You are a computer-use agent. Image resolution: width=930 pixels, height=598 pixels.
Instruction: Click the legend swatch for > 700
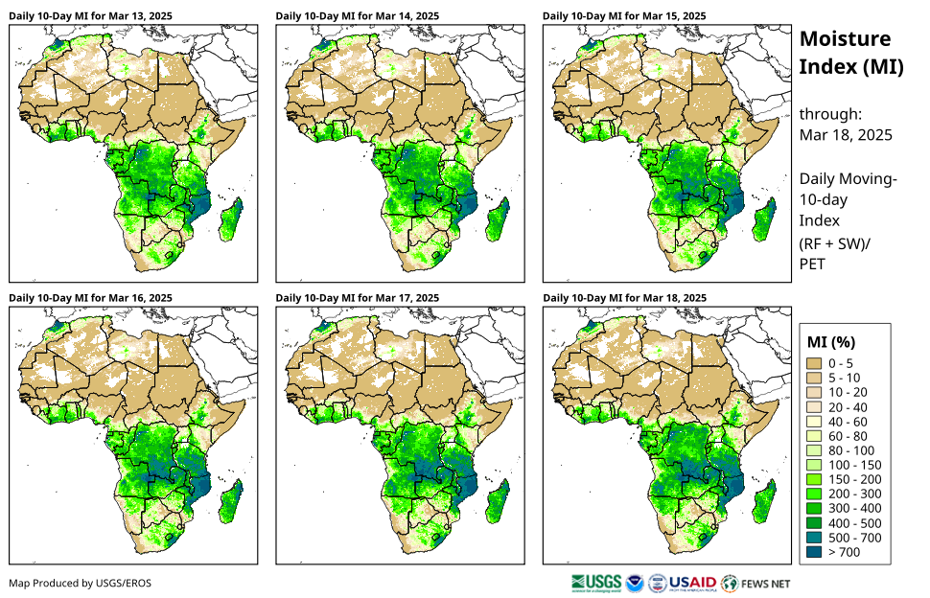pos(816,552)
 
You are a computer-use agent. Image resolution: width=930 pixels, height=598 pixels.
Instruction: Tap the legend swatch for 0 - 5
pos(816,363)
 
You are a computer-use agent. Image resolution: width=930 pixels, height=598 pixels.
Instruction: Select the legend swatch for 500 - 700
pos(816,538)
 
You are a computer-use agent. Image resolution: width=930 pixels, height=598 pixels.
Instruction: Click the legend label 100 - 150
pos(852,465)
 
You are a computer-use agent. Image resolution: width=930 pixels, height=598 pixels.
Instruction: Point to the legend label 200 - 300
pos(852,494)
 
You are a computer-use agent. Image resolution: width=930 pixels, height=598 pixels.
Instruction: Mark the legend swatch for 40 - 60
pos(816,422)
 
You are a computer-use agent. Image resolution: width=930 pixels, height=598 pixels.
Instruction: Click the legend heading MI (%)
pos(831,341)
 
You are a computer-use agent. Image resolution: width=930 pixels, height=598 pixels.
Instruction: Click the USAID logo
pos(693,583)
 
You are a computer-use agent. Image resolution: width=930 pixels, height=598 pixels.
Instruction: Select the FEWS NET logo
pos(756,583)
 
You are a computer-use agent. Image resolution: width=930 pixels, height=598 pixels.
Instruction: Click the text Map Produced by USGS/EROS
pos(80,583)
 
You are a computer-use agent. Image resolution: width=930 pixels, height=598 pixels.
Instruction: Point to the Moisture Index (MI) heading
pos(845,53)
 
